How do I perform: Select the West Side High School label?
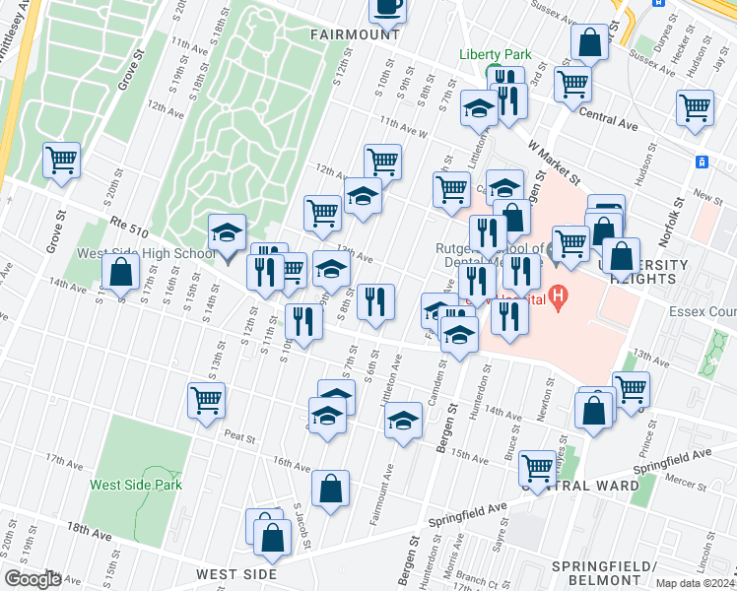(146, 254)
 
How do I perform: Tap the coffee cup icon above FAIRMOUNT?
(387, 7)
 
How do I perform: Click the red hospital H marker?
(559, 295)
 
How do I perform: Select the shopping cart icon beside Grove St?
(61, 160)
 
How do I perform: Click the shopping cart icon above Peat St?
(206, 400)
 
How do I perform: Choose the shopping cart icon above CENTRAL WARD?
(538, 467)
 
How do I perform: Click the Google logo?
(33, 579)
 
